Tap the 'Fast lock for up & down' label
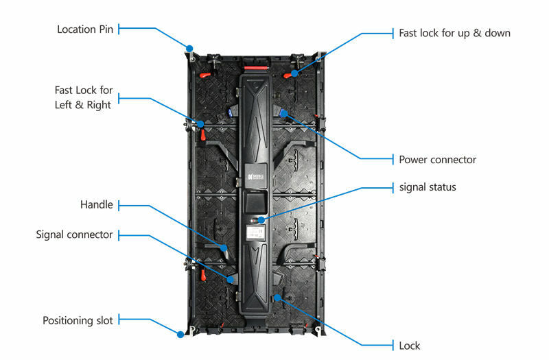[x=454, y=33]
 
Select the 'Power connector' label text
[x=437, y=160]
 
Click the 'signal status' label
[x=428, y=187]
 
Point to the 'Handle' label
[x=96, y=205]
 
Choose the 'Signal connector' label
[x=74, y=235]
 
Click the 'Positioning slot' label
[x=78, y=320]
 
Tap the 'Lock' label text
[x=409, y=346]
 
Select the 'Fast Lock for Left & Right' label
[x=84, y=97]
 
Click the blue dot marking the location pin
[x=190, y=49]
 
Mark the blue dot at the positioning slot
[x=180, y=334]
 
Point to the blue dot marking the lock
[x=277, y=298]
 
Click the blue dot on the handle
[x=224, y=247]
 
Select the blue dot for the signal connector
[x=231, y=279]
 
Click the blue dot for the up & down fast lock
[x=294, y=72]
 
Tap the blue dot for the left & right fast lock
[x=201, y=124]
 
